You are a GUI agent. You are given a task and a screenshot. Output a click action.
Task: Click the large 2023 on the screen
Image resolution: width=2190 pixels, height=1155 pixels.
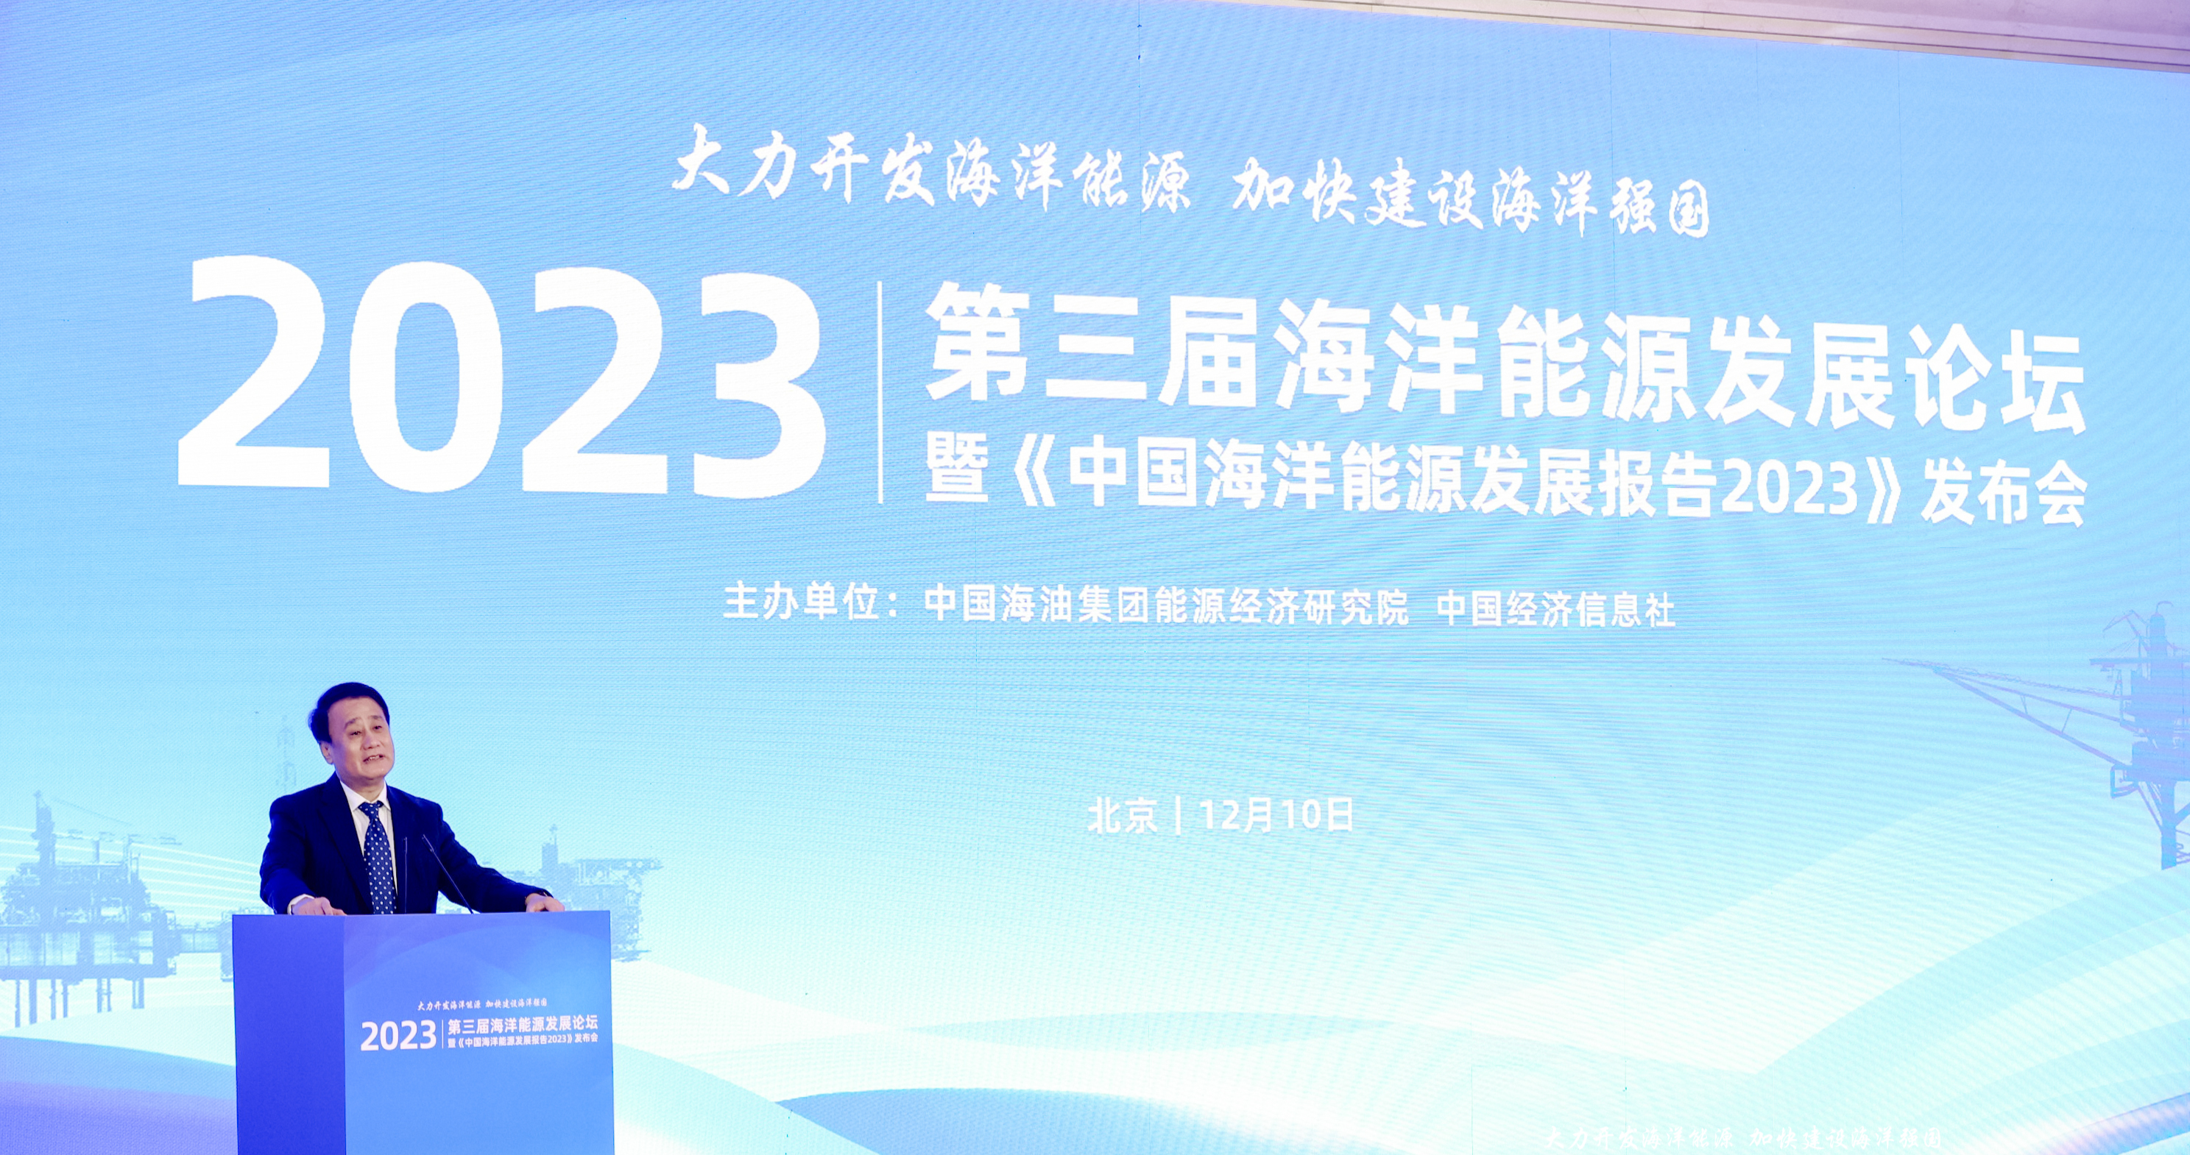point(501,379)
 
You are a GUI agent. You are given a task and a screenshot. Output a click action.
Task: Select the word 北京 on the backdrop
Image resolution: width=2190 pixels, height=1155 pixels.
point(1122,816)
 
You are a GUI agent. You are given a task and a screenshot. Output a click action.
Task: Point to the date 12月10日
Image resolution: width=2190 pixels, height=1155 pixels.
point(1276,816)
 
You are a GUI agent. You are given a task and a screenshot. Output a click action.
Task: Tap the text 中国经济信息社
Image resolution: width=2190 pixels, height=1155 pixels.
point(1555,609)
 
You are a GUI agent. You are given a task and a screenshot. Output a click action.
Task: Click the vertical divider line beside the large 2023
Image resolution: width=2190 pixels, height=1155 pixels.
point(880,393)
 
